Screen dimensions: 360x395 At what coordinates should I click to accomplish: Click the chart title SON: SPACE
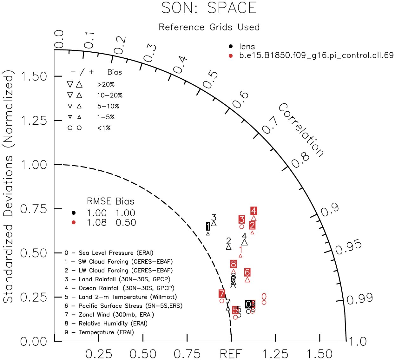click(x=209, y=8)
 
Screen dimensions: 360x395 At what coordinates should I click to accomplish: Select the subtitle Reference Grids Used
click(x=209, y=27)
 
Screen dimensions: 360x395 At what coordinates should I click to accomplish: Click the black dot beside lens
click(x=231, y=47)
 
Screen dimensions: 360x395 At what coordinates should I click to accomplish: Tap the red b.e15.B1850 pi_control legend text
click(x=316, y=56)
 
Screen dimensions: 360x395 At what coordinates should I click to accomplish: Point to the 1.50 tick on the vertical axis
click(x=34, y=76)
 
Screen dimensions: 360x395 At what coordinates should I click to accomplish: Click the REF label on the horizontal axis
click(x=231, y=354)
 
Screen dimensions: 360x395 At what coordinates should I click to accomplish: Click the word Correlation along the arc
click(x=301, y=130)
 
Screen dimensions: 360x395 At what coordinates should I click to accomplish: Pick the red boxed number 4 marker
click(x=253, y=211)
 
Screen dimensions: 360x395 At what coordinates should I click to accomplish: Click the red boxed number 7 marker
click(x=222, y=294)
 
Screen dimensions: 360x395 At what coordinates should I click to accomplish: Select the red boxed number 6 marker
click(x=247, y=272)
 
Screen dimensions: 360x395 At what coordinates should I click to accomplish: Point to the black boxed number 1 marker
click(x=208, y=226)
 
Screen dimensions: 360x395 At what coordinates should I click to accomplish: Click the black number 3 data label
click(x=214, y=218)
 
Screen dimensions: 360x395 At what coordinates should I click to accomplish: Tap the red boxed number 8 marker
click(x=234, y=264)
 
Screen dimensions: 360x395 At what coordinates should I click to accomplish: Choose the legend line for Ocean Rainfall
click(x=120, y=288)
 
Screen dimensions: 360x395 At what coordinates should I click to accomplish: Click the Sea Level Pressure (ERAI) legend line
click(x=109, y=253)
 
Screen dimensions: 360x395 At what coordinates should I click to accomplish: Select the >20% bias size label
click(x=106, y=84)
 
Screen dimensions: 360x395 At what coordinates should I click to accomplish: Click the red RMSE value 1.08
click(x=97, y=223)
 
